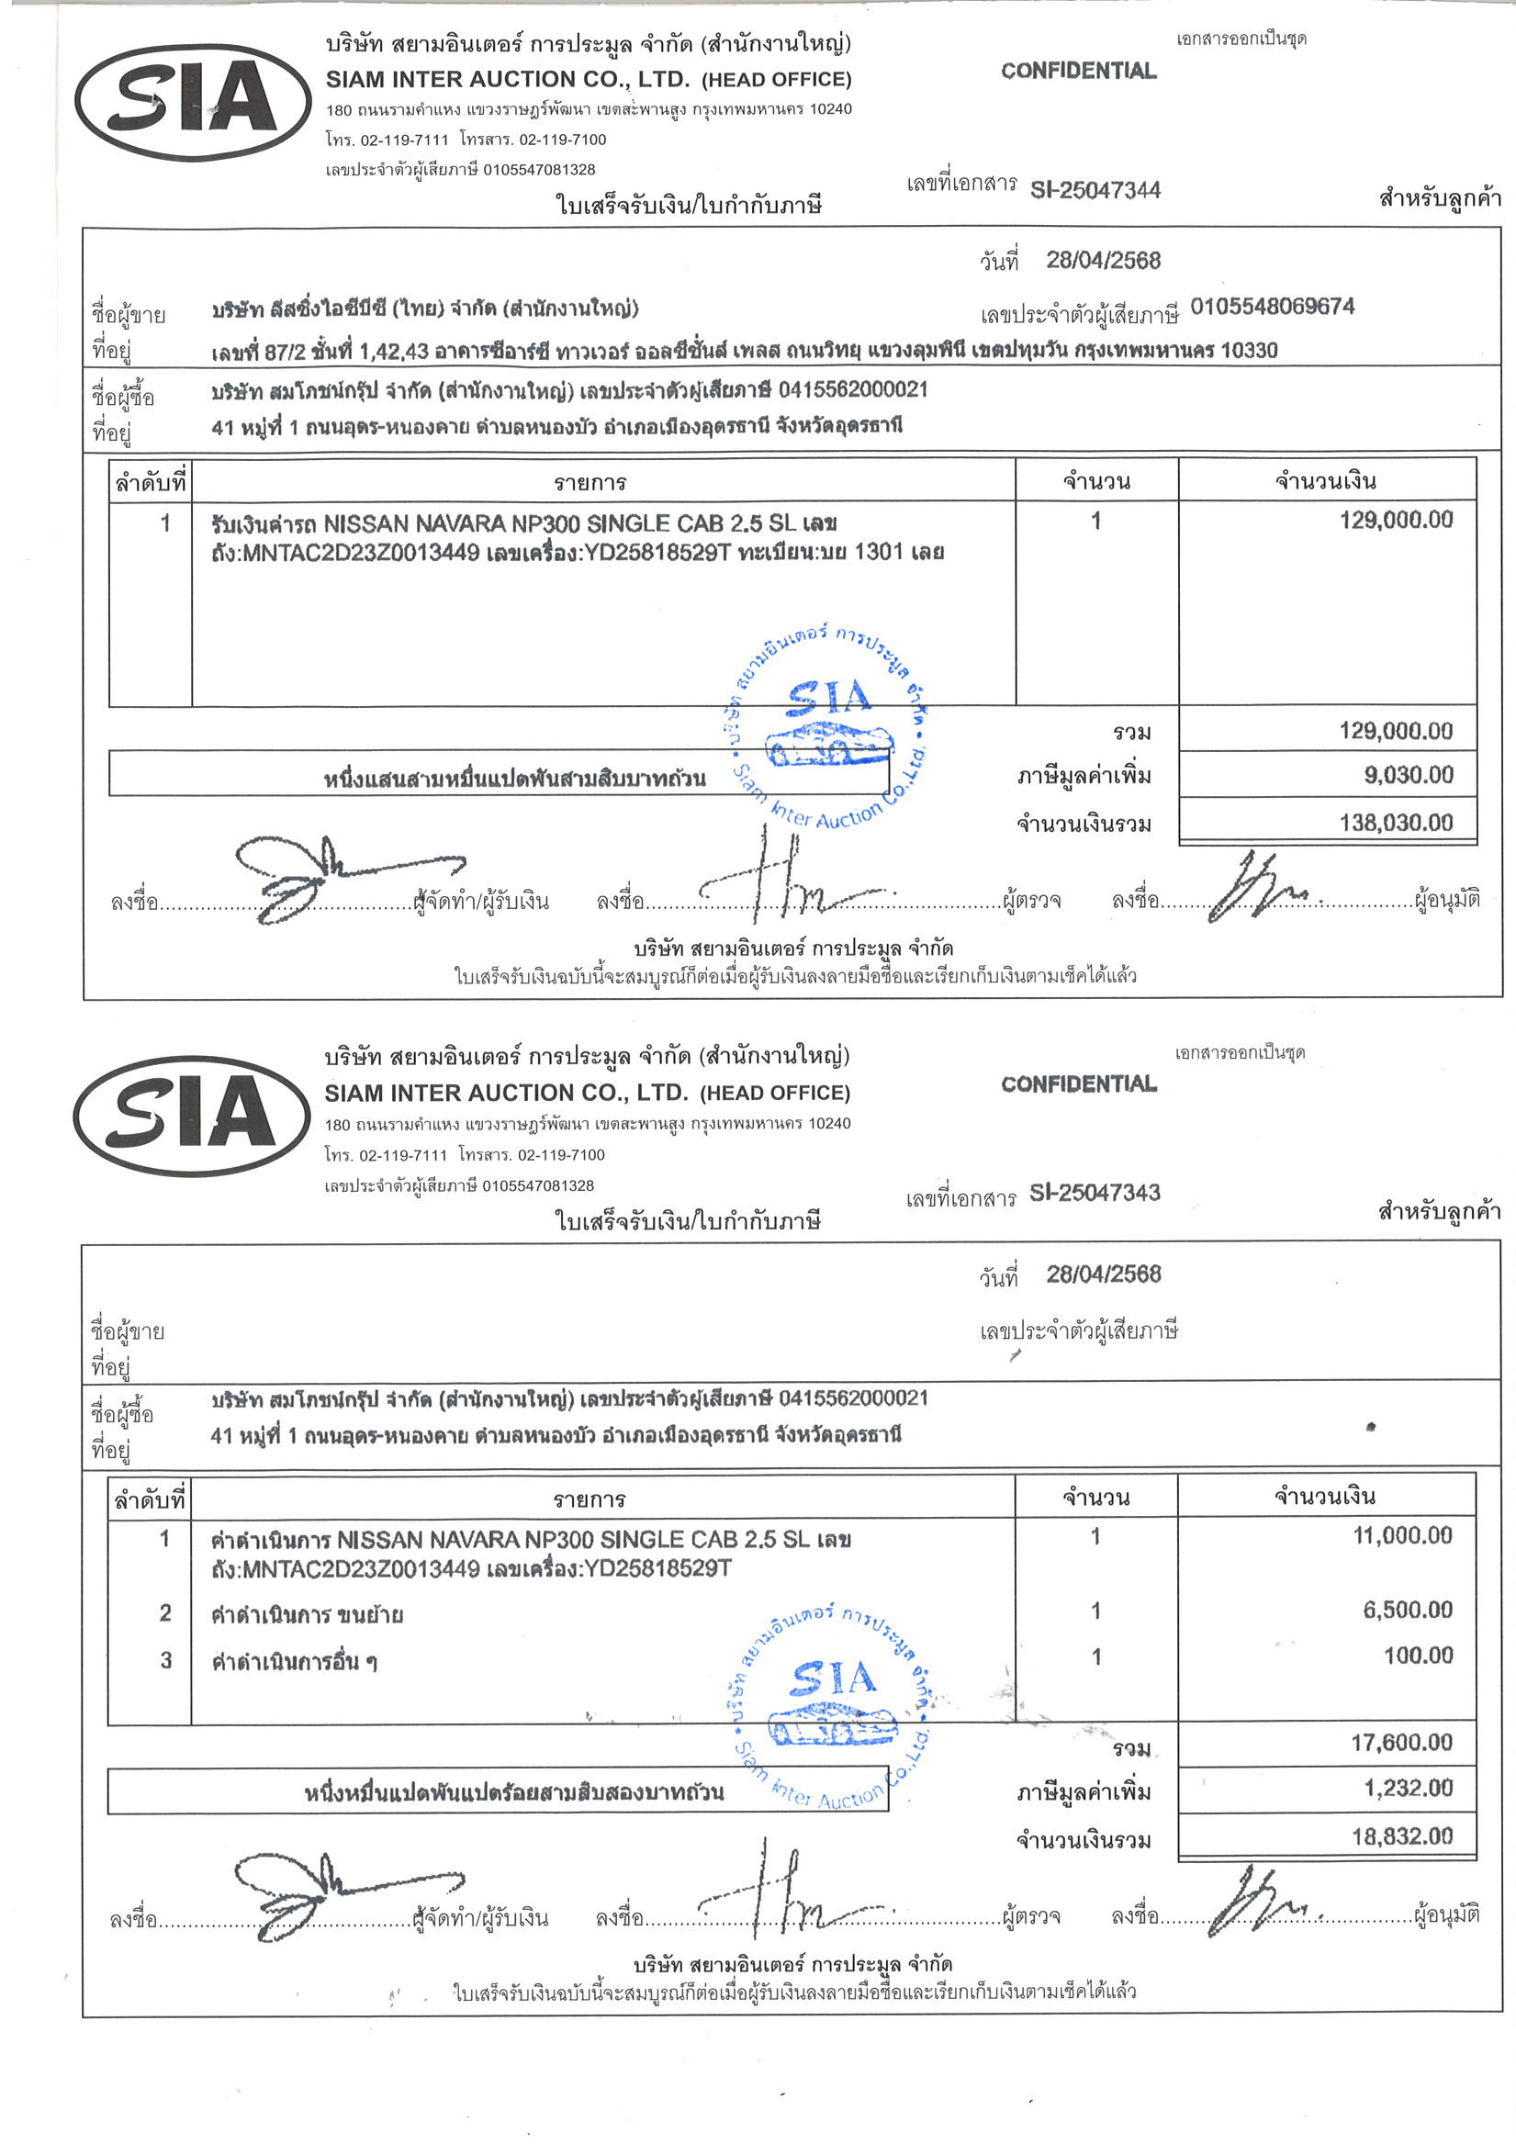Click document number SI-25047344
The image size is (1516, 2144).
(1095, 190)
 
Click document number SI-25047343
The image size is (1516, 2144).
(1094, 1193)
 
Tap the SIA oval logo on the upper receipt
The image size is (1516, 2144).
(193, 102)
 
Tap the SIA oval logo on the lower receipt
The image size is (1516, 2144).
(192, 1116)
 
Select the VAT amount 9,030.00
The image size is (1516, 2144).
(1408, 775)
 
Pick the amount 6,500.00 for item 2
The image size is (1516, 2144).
(1408, 1609)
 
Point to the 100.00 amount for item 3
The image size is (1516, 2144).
(1418, 1656)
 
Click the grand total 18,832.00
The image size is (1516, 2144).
(1402, 1836)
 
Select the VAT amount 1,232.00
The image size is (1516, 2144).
(1408, 1789)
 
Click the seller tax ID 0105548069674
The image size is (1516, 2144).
(1271, 308)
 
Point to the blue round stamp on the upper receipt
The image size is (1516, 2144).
(828, 725)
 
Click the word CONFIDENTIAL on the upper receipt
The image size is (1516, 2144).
(1078, 71)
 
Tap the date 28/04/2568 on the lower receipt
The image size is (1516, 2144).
(1103, 1274)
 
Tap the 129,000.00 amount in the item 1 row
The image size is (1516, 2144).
(1396, 520)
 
